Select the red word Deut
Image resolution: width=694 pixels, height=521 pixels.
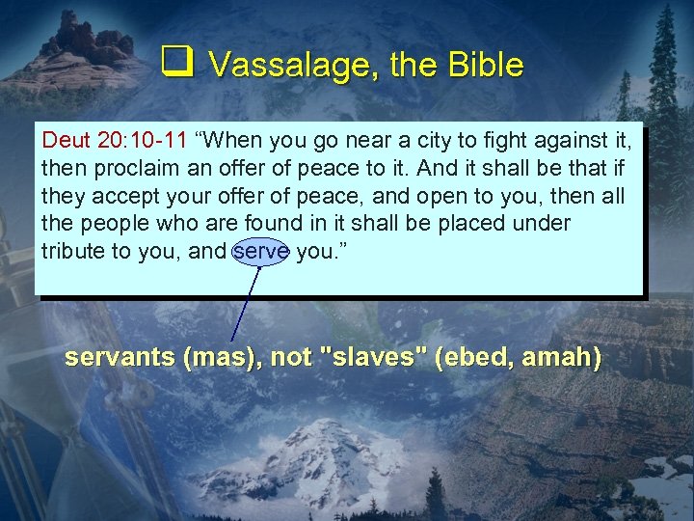[x=67, y=141]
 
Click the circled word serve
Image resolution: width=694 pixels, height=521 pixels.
[x=261, y=251]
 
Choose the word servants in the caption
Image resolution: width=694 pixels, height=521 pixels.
[x=120, y=357]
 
